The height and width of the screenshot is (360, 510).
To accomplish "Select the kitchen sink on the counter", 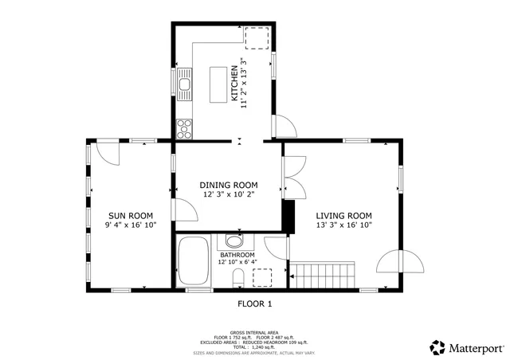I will pyautogui.click(x=185, y=80).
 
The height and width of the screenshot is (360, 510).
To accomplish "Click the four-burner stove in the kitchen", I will pyautogui.click(x=185, y=127).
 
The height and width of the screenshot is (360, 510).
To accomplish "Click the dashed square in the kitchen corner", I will pyautogui.click(x=257, y=37).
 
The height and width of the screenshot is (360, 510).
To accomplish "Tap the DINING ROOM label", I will pyautogui.click(x=228, y=185).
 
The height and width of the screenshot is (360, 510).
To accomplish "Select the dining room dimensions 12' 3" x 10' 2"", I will pyautogui.click(x=228, y=194).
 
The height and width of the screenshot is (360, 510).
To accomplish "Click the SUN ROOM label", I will pyautogui.click(x=130, y=215).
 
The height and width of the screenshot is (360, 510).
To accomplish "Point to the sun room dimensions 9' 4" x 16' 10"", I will pyautogui.click(x=130, y=225).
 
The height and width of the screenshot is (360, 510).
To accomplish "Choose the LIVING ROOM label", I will pyautogui.click(x=344, y=215).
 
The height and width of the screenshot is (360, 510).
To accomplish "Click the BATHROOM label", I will pyautogui.click(x=236, y=254).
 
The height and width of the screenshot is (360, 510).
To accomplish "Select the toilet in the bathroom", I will pyautogui.click(x=237, y=278).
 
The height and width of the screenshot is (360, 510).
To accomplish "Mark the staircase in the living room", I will pyautogui.click(x=324, y=275).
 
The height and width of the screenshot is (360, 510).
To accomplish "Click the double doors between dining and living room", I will pyautogui.click(x=293, y=177).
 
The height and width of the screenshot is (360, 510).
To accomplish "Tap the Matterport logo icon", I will pyautogui.click(x=437, y=347).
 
